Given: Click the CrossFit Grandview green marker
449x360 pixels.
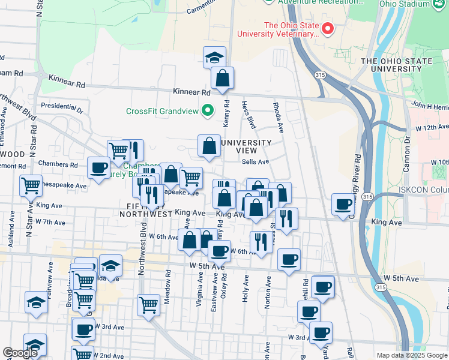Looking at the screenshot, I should [208, 110].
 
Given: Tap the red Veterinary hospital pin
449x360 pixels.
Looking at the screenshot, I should [328, 29].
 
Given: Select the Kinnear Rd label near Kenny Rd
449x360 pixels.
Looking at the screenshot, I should [191, 93].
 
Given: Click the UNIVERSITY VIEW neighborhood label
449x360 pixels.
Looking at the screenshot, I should [246, 146].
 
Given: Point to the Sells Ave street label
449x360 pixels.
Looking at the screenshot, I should [255, 161].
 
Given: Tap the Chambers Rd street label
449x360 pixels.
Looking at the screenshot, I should [58, 164].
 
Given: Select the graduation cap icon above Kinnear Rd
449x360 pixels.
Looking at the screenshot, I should [214, 58].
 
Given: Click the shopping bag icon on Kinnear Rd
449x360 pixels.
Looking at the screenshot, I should [222, 78].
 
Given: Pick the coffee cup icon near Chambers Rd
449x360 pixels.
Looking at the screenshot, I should [98, 168].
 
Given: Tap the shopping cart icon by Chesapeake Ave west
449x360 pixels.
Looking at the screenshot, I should [31, 185].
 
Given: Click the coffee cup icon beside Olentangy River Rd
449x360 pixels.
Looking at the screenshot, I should [343, 204].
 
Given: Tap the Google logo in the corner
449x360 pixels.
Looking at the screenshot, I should [20, 353].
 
